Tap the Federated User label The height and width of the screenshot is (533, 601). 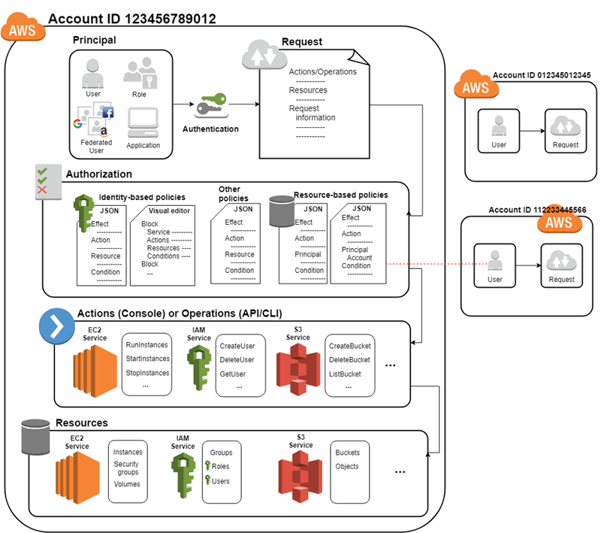click(96, 146)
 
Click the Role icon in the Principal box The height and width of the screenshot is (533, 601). click(140, 75)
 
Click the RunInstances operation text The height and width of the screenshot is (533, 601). click(147, 345)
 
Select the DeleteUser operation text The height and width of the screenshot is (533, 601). click(237, 359)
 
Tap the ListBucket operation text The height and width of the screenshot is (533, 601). click(349, 374)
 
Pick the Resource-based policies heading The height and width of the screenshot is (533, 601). click(340, 195)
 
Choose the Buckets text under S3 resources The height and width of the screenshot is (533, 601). click(347, 453)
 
